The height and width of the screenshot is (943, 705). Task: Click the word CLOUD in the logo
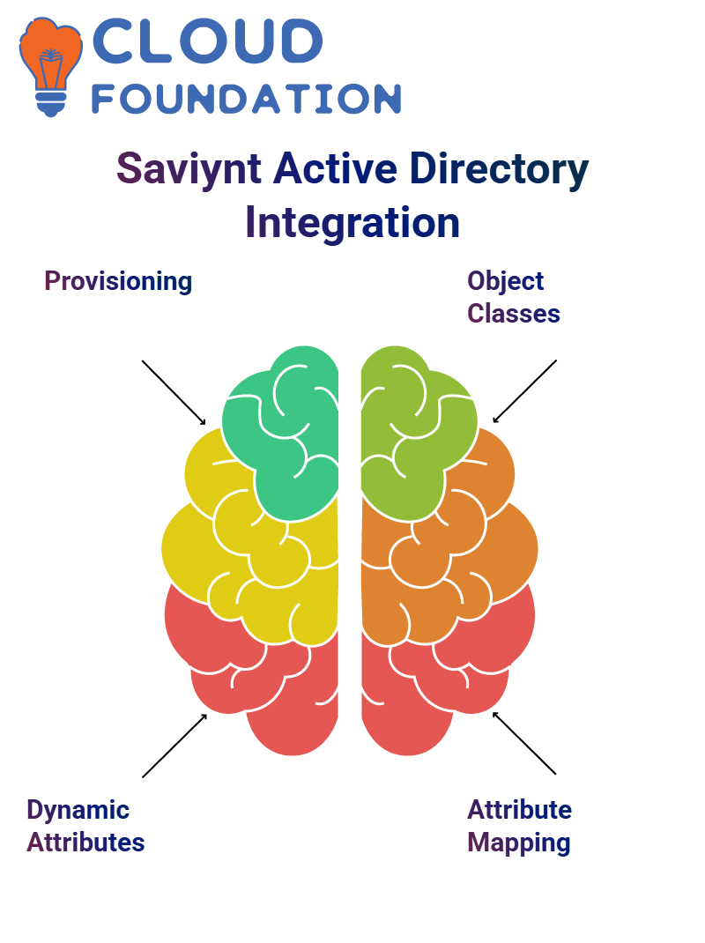[x=207, y=41]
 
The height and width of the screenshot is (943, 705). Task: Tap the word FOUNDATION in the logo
[x=246, y=99]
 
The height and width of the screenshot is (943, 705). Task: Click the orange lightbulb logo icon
[x=51, y=66]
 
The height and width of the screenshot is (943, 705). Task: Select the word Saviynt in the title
[x=189, y=169]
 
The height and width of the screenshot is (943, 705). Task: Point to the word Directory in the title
[x=499, y=169]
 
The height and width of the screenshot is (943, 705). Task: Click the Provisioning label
[x=118, y=281]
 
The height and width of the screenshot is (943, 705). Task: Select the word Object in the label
[x=505, y=281]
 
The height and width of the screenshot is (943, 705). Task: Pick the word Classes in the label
[x=514, y=314]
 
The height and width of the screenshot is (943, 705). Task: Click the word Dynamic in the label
[x=78, y=810]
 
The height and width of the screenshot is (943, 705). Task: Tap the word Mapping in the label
[x=518, y=843]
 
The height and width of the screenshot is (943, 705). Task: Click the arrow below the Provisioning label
[x=174, y=393]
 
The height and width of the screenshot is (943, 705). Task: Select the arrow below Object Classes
[x=524, y=391]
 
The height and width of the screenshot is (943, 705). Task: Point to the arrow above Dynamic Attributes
[x=174, y=746]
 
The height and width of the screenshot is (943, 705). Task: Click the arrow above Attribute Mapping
[x=524, y=743]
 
